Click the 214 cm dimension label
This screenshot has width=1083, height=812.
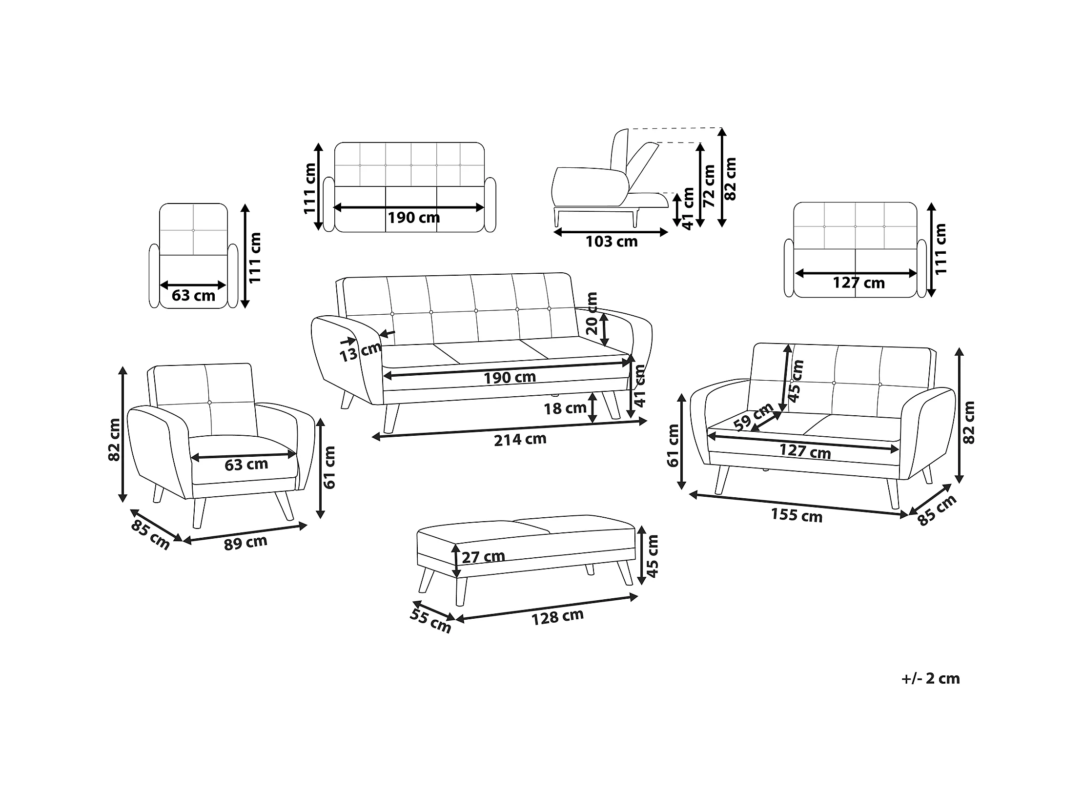point(520,440)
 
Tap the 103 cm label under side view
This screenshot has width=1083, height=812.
point(612,241)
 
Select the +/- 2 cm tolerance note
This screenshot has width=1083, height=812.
point(930,678)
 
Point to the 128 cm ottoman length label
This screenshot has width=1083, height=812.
point(558,617)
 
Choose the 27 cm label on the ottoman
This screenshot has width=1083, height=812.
point(483,556)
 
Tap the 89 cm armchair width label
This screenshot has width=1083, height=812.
point(245,542)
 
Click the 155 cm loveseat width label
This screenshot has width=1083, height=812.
point(797,515)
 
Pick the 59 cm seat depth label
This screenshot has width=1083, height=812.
point(754,417)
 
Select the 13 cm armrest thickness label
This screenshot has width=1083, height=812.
point(360,351)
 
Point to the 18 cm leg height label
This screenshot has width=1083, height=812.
point(565,408)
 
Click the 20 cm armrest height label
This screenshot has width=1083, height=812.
point(592,313)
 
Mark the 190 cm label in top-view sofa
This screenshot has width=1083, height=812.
point(414,217)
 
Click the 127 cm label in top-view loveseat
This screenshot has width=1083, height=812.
point(859,283)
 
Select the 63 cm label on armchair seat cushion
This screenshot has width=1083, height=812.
point(246,464)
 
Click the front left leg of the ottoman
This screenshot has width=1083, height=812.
point(461,591)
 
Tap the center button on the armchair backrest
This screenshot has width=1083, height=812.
point(209,402)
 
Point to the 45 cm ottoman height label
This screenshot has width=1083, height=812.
point(653,555)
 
